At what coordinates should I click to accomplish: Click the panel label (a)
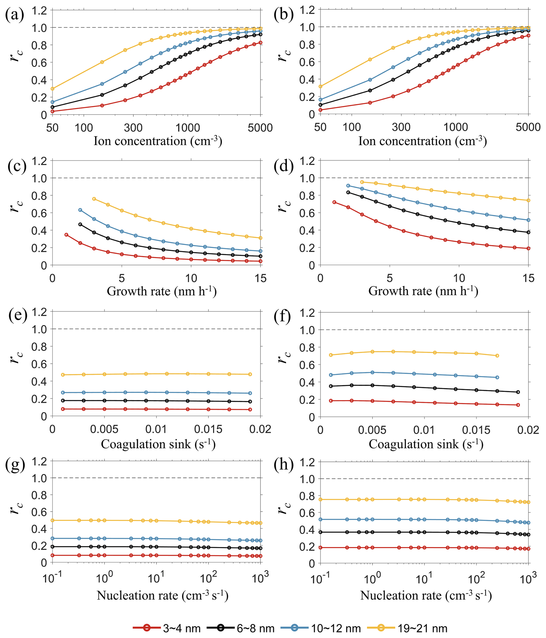click(14, 15)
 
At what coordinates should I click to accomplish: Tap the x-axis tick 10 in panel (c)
click(191, 278)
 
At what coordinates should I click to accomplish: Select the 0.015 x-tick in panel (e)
click(208, 429)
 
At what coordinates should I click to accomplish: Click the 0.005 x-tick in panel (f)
click(372, 430)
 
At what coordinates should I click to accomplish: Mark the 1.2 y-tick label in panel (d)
click(307, 161)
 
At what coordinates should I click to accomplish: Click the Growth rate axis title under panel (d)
click(423, 291)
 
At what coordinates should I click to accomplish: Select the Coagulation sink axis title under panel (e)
click(158, 444)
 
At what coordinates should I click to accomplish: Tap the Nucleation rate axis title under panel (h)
click(426, 596)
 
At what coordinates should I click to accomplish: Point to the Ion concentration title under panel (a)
click(158, 141)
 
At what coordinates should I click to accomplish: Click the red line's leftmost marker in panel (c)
click(66, 235)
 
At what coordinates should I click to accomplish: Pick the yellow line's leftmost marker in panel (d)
click(362, 182)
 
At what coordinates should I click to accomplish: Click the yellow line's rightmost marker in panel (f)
click(497, 356)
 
